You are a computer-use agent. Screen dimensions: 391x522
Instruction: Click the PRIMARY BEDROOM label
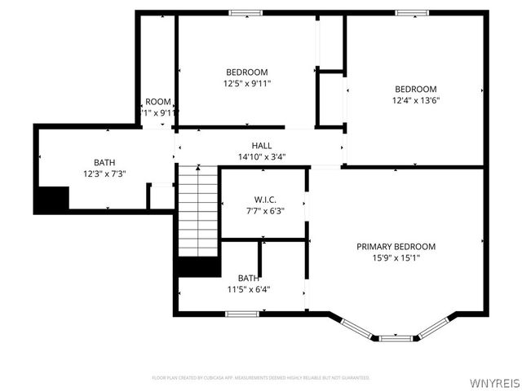click(396, 246)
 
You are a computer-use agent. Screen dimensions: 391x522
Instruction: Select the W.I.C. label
click(264, 199)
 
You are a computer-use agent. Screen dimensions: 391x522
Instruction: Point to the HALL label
click(261, 145)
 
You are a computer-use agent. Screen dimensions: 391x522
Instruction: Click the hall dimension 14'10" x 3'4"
click(261, 156)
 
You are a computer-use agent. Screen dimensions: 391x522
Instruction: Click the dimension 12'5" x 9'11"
click(247, 83)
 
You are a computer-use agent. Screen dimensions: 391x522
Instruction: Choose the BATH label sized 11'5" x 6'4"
click(248, 278)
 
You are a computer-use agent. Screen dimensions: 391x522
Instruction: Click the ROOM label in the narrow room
click(158, 102)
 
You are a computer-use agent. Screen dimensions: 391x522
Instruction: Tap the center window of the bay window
click(394, 336)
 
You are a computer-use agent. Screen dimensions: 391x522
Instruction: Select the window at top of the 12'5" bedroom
click(245, 13)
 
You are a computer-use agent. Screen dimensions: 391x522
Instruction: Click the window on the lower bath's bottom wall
click(242, 314)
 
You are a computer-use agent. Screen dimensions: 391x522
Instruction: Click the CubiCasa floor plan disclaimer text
click(261, 378)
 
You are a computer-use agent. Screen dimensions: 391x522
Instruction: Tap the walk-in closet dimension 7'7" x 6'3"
click(264, 210)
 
